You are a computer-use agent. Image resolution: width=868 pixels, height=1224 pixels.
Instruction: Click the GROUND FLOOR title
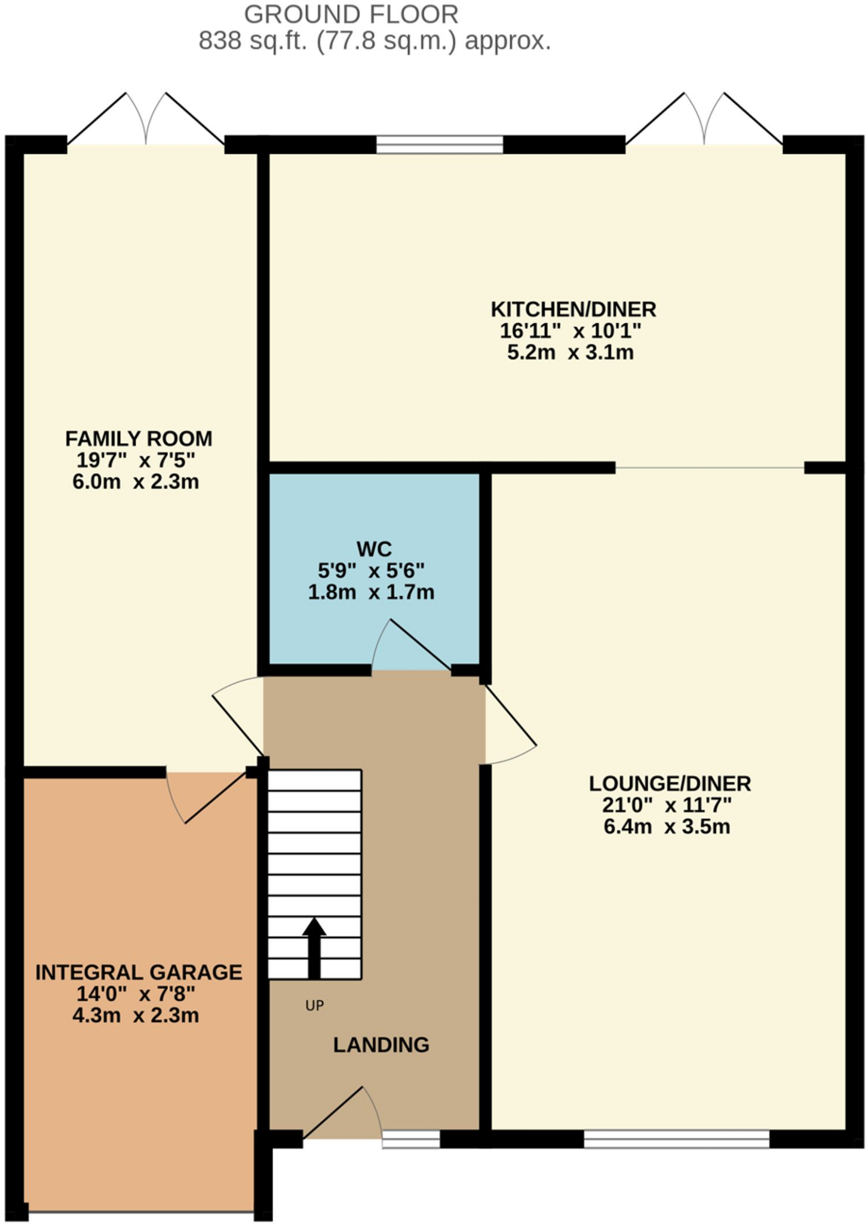point(351,14)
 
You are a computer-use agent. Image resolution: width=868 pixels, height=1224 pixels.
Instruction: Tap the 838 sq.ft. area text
point(374,41)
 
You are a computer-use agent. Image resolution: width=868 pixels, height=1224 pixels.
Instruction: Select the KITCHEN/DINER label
point(573,310)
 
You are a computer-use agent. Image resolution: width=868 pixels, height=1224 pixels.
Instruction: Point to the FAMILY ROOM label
point(138,439)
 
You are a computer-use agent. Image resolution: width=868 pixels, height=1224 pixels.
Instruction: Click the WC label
point(374,549)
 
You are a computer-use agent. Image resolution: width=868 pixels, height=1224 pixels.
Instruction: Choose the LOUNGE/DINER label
point(670,784)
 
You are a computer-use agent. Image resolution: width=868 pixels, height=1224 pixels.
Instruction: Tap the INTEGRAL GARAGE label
point(139,972)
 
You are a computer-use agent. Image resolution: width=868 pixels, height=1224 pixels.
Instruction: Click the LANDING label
point(381,1045)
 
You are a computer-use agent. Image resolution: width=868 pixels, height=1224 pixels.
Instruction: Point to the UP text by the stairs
point(314,1006)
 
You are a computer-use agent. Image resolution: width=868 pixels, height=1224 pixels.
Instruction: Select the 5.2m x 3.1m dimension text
point(570,353)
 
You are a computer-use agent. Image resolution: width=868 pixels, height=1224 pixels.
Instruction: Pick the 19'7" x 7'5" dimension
point(136,460)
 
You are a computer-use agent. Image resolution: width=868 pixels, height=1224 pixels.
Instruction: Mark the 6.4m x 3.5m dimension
point(667,827)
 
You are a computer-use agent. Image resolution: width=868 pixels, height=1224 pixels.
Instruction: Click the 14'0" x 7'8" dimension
point(136,994)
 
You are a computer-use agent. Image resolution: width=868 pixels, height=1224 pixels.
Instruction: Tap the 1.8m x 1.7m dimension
point(371,592)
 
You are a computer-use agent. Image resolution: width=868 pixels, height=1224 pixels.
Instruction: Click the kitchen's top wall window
point(440,145)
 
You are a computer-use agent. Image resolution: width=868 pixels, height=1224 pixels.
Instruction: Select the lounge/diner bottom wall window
point(676,1139)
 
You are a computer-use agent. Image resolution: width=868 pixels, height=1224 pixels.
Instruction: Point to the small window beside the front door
point(411,1139)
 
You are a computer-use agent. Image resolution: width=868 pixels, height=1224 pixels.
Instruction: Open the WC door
point(412,645)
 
